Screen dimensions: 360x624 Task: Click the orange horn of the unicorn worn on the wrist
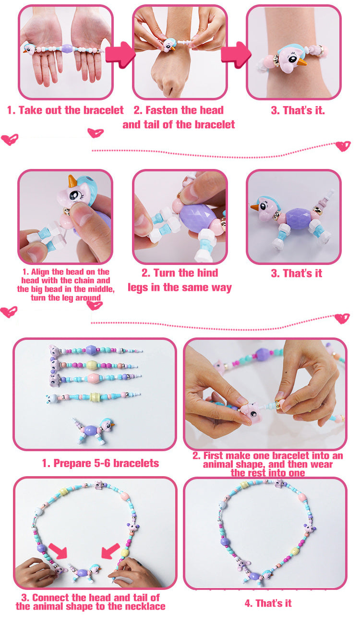pyautogui.click(x=301, y=61)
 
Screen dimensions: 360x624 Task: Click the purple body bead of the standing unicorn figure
pyautogui.click(x=298, y=219)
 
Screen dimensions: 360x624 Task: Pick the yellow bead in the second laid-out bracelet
pyautogui.click(x=92, y=364)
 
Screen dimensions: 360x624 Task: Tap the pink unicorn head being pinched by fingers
pyautogui.click(x=251, y=412)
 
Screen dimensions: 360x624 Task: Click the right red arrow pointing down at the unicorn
pyautogui.click(x=110, y=551)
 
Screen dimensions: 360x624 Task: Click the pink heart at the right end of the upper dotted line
pyautogui.click(x=343, y=146)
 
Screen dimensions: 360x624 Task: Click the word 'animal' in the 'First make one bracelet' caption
pyautogui.click(x=219, y=464)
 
